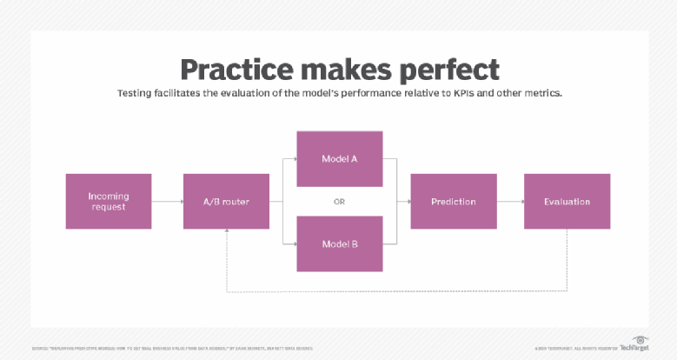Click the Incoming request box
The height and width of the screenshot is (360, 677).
[109, 201]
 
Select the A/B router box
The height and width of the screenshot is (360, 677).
[226, 201]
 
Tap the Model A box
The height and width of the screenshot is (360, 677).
[340, 159]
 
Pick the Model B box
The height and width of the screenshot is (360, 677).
[340, 243]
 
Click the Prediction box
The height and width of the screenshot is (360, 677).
[454, 201]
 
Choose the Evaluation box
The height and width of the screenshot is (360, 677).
[567, 201]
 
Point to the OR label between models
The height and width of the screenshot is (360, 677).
[340, 202]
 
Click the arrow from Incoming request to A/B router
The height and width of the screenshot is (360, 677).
[167, 202]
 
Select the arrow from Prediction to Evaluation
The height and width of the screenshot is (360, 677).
[510, 202]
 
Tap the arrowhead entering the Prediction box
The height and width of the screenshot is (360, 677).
[407, 202]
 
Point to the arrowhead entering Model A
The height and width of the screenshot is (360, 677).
[294, 159]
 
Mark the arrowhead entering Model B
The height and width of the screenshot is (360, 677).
[294, 243]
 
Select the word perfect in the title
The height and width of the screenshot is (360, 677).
[448, 70]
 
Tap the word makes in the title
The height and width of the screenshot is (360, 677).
[342, 70]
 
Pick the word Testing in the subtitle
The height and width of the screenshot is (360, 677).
[136, 93]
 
